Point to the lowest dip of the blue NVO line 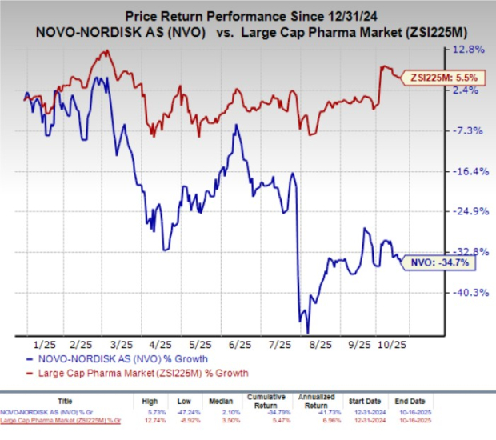[307, 332]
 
